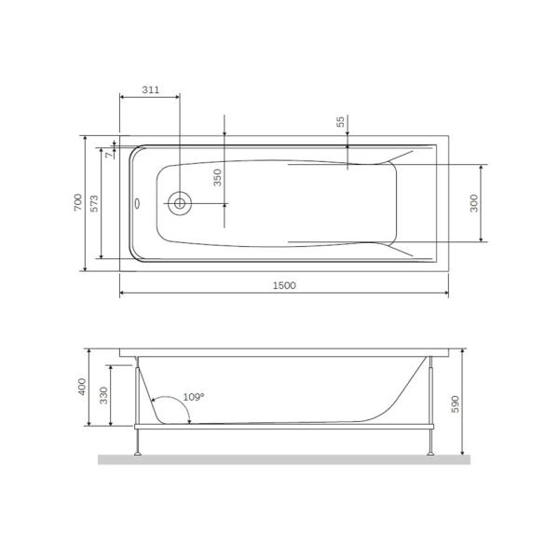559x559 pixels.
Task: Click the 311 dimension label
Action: pyautogui.click(x=148, y=90)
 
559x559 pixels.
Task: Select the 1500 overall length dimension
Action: pyautogui.click(x=284, y=285)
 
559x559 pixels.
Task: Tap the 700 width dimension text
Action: pyautogui.click(x=79, y=202)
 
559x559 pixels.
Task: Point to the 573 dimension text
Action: pyautogui.click(x=95, y=202)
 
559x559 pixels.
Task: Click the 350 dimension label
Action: pyautogui.click(x=217, y=178)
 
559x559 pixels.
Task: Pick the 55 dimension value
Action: pyautogui.click(x=340, y=121)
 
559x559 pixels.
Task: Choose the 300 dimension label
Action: pyautogui.click(x=474, y=204)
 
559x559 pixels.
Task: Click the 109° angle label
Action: pyautogui.click(x=193, y=396)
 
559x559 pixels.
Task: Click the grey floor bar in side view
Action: pyautogui.click(x=284, y=459)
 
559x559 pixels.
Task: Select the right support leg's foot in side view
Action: pyautogui.click(x=430, y=453)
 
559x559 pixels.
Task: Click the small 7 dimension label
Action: pyautogui.click(x=108, y=155)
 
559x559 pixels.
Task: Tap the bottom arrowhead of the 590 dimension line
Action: pyautogui.click(x=463, y=452)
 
